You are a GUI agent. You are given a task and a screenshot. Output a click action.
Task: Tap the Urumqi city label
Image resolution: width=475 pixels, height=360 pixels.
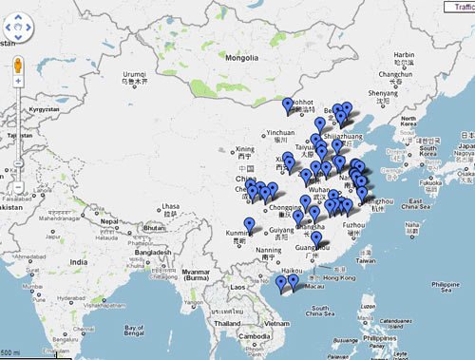pyautogui.click(x=134, y=75)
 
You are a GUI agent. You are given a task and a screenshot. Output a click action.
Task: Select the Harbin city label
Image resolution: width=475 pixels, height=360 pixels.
pyautogui.click(x=405, y=55)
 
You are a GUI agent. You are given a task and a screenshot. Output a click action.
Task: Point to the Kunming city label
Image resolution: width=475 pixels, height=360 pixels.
pyautogui.click(x=243, y=233)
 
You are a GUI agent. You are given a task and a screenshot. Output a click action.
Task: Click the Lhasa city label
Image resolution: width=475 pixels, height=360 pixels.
pyautogui.click(x=171, y=206)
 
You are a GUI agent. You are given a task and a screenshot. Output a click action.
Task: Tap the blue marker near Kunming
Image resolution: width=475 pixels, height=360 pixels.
pyautogui.click(x=249, y=225)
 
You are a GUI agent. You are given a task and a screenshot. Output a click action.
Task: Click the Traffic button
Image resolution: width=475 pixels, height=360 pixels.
pyautogui.click(x=460, y=6)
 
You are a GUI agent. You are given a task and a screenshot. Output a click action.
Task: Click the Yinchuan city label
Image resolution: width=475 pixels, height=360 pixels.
pyautogui.click(x=281, y=133)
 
